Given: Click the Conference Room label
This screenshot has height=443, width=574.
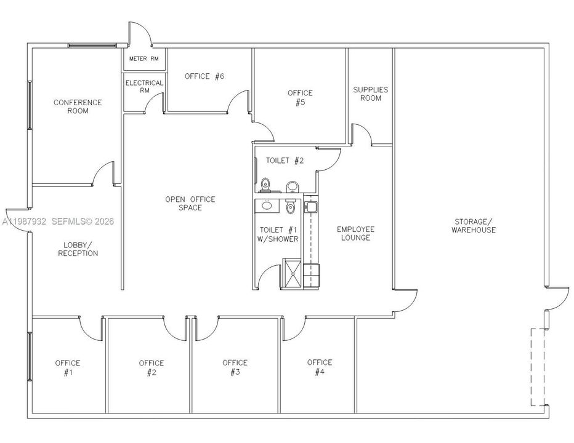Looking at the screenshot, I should [x=78, y=106].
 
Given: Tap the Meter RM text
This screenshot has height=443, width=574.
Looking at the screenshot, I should [x=143, y=59].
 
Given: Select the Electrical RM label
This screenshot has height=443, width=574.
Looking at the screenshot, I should [x=144, y=86].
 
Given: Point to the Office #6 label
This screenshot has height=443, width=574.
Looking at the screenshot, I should [x=204, y=76].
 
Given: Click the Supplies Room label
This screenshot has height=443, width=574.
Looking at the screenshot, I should [x=370, y=94].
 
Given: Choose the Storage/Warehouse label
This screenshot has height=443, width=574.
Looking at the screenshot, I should [x=473, y=225].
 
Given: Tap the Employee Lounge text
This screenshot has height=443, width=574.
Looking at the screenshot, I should [x=355, y=233].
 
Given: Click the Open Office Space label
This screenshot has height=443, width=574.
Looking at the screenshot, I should [x=190, y=203].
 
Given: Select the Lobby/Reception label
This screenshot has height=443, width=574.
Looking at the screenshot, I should [x=78, y=249].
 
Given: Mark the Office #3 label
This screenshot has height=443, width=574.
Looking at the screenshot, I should [x=235, y=367].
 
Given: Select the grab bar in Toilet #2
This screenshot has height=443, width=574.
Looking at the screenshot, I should [x=256, y=168].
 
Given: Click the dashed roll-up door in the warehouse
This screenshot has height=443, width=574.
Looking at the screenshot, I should [x=532, y=367].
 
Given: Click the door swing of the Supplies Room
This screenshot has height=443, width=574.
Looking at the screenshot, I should [x=362, y=135].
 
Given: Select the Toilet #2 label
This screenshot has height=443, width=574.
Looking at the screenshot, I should [x=285, y=161].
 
